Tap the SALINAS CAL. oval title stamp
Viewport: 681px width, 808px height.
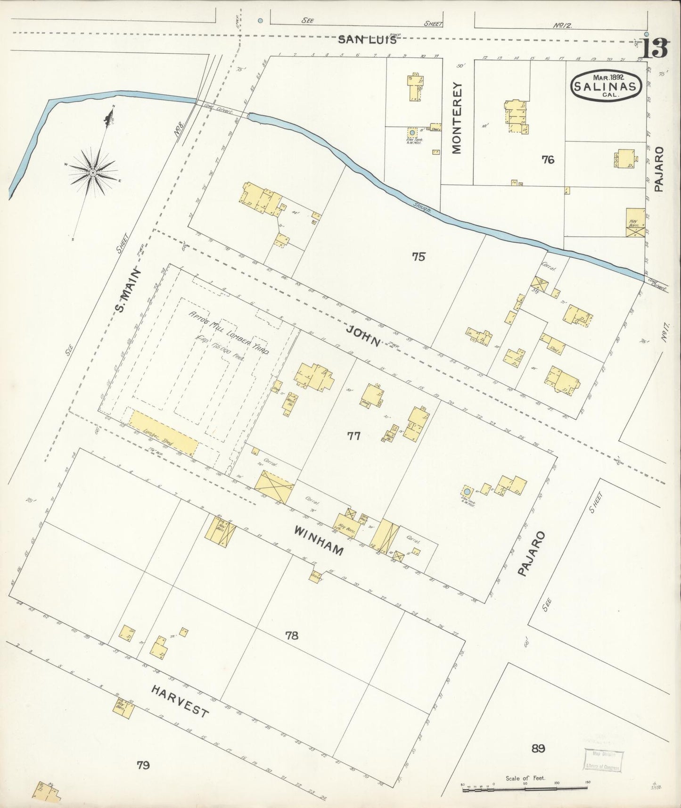[x=607, y=85]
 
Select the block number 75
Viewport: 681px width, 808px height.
[x=418, y=256]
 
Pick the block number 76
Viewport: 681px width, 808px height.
[x=548, y=160]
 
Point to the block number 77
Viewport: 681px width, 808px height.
[x=353, y=436]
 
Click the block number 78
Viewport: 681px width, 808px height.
[x=292, y=635]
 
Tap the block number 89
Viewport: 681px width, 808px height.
[x=538, y=748]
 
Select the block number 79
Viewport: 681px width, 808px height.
[x=143, y=765]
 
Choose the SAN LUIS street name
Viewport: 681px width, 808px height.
[x=367, y=40]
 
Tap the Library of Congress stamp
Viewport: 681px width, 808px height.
[x=603, y=760]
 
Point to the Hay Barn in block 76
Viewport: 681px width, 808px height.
[x=635, y=223]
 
